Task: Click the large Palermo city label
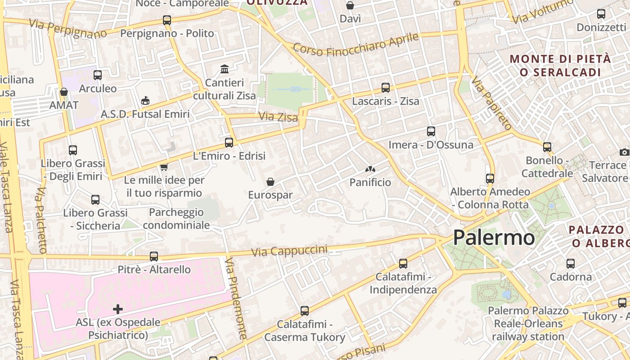pyautogui.click(x=494, y=238)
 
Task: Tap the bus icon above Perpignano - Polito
pyautogui.click(x=167, y=20)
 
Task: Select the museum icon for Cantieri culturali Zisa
pyautogui.click(x=225, y=69)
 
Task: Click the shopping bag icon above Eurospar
pyautogui.click(x=270, y=182)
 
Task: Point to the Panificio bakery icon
pyautogui.click(x=370, y=170)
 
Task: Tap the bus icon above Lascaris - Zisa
pyautogui.click(x=386, y=88)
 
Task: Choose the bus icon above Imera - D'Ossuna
pyautogui.click(x=431, y=131)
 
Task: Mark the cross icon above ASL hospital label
pyautogui.click(x=118, y=309)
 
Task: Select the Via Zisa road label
pyautogui.click(x=278, y=117)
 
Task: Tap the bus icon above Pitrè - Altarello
pyautogui.click(x=154, y=256)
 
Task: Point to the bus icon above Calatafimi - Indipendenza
pyautogui.click(x=403, y=264)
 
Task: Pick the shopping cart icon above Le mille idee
pyautogui.click(x=164, y=167)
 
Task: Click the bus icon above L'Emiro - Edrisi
pyautogui.click(x=229, y=143)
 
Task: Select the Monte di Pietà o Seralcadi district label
pyautogui.click(x=561, y=65)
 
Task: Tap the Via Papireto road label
pyautogui.click(x=491, y=103)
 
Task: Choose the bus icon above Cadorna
pyautogui.click(x=571, y=264)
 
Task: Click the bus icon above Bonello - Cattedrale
pyautogui.click(x=547, y=147)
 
